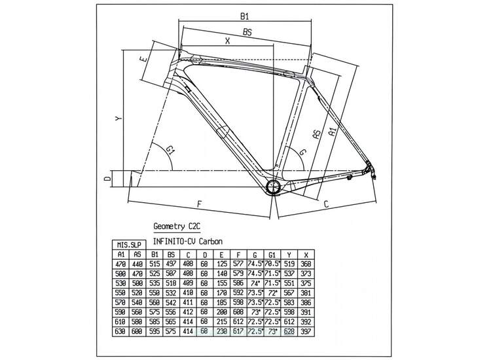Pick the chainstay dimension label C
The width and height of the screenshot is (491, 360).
coord(326,205)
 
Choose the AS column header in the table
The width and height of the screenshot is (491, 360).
coord(137,255)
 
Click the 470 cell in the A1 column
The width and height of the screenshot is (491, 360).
coord(120,263)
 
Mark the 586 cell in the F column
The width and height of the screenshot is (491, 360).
coord(238,283)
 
